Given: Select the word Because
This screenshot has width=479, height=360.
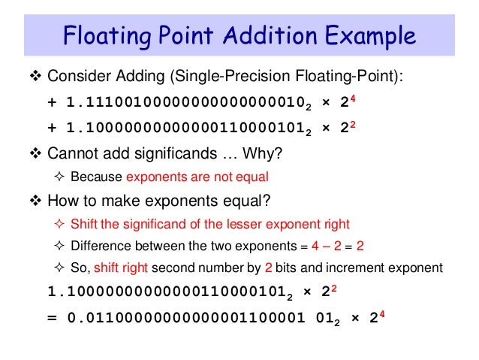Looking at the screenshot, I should (x=96, y=178).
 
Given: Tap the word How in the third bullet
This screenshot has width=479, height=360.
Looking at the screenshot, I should (x=62, y=201).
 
